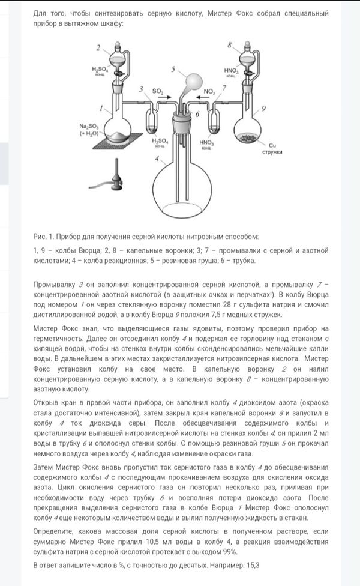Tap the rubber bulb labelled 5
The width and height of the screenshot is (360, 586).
tap(195, 80)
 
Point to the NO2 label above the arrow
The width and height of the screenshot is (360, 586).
tap(209, 91)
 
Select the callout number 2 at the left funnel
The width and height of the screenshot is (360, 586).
tap(98, 47)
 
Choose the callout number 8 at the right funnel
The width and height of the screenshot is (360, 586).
tap(230, 45)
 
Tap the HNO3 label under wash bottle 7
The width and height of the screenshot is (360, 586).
tap(206, 142)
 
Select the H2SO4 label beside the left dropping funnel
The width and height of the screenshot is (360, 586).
tap(100, 70)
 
